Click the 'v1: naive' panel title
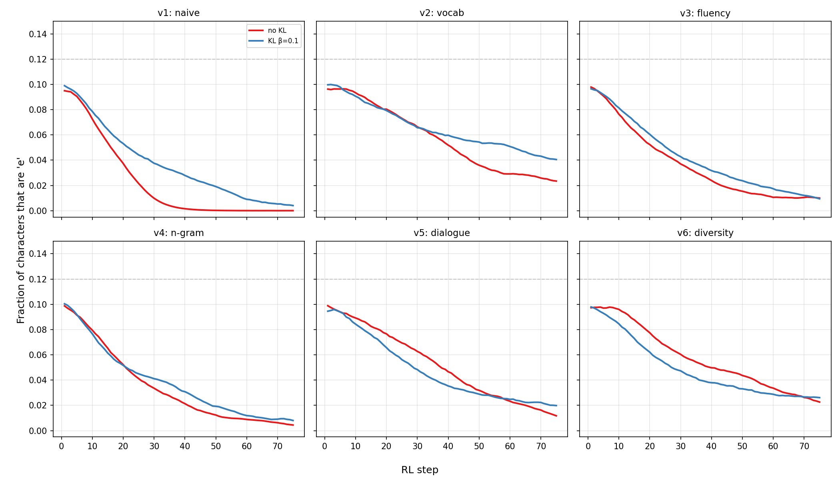(x=178, y=13)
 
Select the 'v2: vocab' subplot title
(x=442, y=13)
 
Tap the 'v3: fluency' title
(x=705, y=13)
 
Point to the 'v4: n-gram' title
(x=178, y=233)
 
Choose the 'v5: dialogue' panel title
(x=442, y=233)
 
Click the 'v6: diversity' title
(x=705, y=233)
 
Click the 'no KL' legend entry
(x=277, y=30)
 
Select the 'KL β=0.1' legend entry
(x=283, y=41)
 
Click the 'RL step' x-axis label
(x=420, y=470)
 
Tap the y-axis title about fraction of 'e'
(x=21, y=240)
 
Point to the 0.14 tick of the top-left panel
(x=38, y=34)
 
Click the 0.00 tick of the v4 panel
(x=38, y=431)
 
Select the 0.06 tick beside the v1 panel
(x=38, y=135)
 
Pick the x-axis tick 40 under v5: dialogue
(x=448, y=446)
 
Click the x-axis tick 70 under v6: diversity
(x=804, y=446)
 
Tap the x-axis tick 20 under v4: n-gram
(x=123, y=446)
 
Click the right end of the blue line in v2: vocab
(x=556, y=160)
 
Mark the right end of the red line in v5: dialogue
(x=556, y=416)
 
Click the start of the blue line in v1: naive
(x=64, y=86)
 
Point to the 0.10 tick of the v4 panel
(x=38, y=304)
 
